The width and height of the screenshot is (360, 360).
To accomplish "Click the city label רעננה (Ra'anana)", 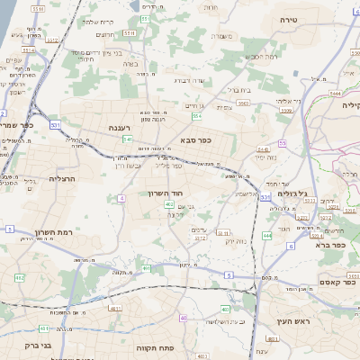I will [119, 129].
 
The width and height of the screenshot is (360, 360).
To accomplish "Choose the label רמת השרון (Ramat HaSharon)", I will [39, 231].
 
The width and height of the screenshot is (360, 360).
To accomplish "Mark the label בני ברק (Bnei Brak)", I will [38, 345].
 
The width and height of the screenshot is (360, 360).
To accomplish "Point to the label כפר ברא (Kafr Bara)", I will [331, 244].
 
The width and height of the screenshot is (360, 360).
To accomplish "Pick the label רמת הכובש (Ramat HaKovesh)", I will [260, 56].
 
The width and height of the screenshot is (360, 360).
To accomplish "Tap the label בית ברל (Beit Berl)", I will [238, 90].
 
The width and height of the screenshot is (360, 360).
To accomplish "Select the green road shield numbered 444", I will [267, 235].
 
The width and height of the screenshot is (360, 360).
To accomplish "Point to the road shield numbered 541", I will [128, 139].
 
